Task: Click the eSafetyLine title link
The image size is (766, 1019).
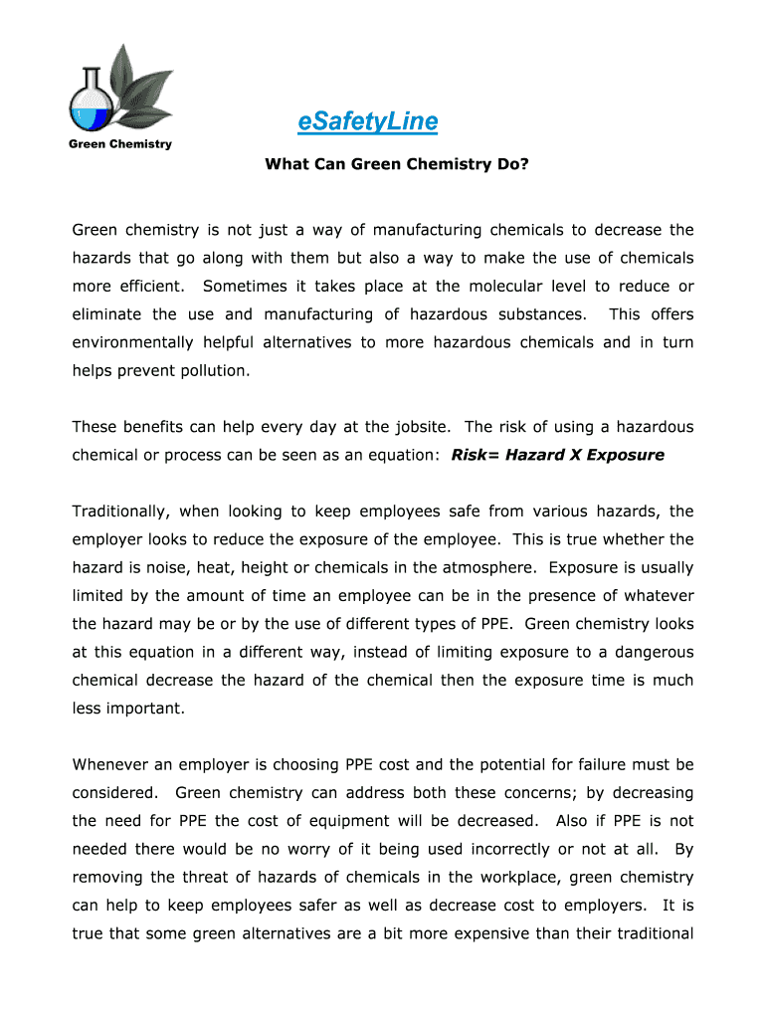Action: pyautogui.click(x=367, y=121)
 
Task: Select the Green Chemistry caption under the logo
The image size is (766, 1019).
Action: pyautogui.click(x=119, y=144)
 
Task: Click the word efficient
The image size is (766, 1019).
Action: pyautogui.click(x=145, y=287)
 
